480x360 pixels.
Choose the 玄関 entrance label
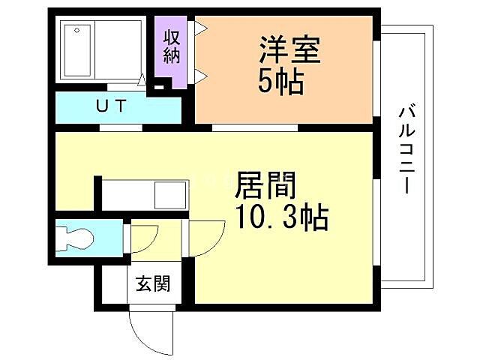[152, 284]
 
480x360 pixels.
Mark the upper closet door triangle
[200, 29]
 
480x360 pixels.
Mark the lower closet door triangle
[200, 74]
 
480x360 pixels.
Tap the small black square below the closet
[157, 87]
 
